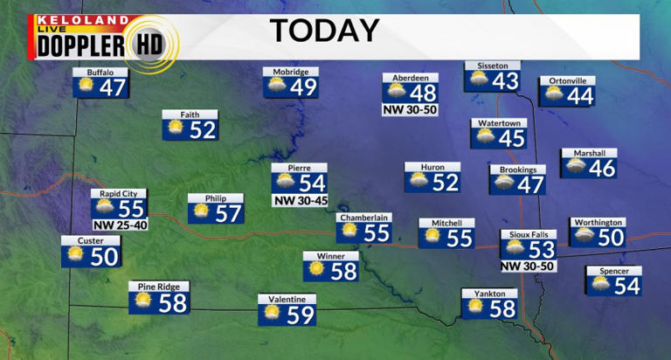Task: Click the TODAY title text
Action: click(x=324, y=31)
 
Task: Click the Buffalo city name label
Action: click(x=100, y=72)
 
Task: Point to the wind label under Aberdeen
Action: click(x=410, y=110)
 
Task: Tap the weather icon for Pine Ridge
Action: click(x=142, y=302)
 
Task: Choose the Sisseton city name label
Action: click(x=492, y=66)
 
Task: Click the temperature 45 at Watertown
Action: click(x=511, y=138)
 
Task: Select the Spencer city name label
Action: click(x=613, y=271)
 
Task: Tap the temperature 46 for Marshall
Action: click(x=602, y=168)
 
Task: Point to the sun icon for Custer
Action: click(x=75, y=256)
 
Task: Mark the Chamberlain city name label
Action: click(x=363, y=218)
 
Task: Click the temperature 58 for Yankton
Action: click(x=502, y=308)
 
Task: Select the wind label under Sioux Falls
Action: click(x=527, y=266)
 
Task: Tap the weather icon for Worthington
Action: click(x=584, y=237)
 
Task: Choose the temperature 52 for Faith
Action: click(x=203, y=130)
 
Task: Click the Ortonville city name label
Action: click(x=567, y=80)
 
